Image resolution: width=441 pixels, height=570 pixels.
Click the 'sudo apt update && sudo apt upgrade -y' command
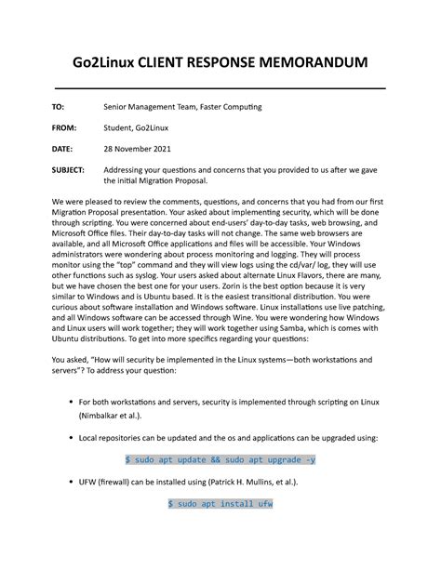220,459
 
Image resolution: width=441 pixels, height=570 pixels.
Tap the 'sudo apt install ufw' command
220,503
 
